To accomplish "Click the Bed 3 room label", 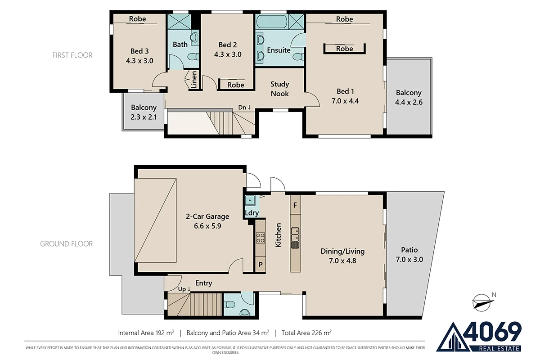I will (139, 51).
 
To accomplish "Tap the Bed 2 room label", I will (228, 45).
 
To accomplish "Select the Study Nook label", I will (279, 89).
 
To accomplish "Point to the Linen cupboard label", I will (194, 81).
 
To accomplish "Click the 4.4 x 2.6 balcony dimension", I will (409, 102).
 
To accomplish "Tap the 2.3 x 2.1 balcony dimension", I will (144, 117).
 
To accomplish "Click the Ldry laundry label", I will (251, 213).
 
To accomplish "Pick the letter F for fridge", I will (295, 205).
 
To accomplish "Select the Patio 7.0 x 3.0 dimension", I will (409, 260).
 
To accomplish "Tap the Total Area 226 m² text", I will (306, 333).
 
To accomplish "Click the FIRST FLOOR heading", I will (72, 55).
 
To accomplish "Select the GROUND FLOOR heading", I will (67, 244).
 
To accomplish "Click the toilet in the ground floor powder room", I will (244, 312).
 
